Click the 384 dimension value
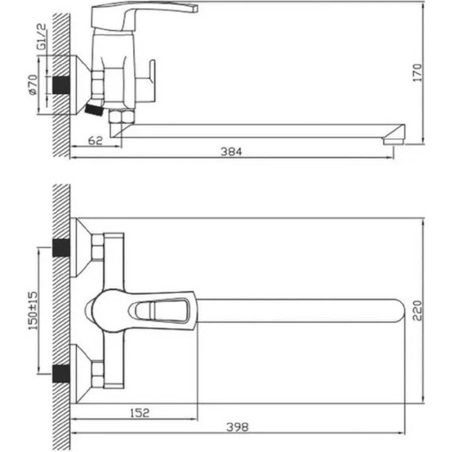click(x=232, y=151)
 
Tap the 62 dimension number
click(x=95, y=140)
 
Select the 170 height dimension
click(x=417, y=73)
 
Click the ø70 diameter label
click(x=33, y=85)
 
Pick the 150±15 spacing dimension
click(x=33, y=311)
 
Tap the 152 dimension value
click(x=140, y=413)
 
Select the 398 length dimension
click(x=237, y=427)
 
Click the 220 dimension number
click(x=417, y=311)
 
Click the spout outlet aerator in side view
click(x=394, y=141)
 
